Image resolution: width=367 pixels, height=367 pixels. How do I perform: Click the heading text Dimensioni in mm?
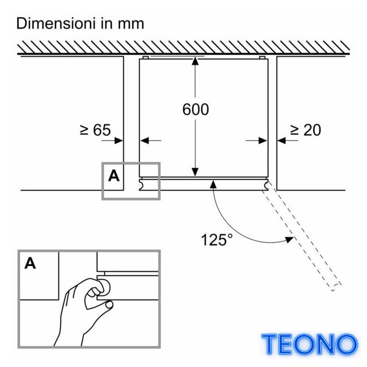pos(80,24)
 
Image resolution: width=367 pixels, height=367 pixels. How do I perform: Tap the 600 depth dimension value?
pos(196,110)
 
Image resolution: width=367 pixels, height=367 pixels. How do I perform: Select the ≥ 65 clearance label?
pos(95,130)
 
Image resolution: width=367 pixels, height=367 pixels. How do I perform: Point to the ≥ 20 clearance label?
pos(306,130)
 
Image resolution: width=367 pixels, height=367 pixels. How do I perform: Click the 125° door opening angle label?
pos(217,240)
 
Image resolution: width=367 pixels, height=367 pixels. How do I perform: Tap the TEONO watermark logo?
pos(310,344)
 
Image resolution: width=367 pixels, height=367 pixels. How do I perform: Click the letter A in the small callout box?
pos(114,176)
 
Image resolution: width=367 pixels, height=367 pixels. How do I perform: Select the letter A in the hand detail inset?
pos(30,263)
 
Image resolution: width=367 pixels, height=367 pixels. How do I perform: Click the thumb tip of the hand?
pos(109,304)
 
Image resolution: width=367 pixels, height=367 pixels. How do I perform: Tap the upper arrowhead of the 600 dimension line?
pos(195,61)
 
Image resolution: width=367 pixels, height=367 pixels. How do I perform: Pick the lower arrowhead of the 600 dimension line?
pos(195,172)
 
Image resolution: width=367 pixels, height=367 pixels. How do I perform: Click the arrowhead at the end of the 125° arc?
pos(289,240)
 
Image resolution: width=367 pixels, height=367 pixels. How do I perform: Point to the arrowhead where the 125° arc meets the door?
pos(213,185)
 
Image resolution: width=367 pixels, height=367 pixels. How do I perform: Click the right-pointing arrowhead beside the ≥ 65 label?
pos(119,140)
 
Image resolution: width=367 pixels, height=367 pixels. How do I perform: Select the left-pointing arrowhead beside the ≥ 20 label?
pos(282,140)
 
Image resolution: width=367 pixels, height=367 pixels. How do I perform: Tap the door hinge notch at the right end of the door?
pos(266,185)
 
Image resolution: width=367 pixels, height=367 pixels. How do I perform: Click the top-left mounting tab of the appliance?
pos(145,57)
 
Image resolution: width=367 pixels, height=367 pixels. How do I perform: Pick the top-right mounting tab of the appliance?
pos(262,57)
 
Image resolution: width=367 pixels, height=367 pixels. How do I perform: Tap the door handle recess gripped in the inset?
pos(105,287)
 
